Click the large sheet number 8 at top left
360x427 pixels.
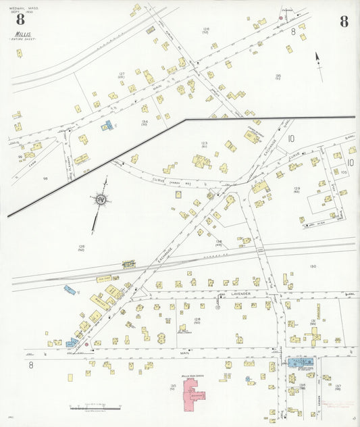pyautogui.click(x=20, y=19)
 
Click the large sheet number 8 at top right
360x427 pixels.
pyautogui.click(x=344, y=21)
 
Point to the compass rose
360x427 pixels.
pyautogui.click(x=100, y=199)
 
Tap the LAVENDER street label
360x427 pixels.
pyautogui.click(x=241, y=295)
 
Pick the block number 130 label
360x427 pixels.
pyautogui.click(x=312, y=266)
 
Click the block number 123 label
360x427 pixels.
pyautogui.click(x=204, y=143)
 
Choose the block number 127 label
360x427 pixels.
pyautogui.click(x=122, y=74)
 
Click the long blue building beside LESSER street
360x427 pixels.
pyautogui.click(x=301, y=362)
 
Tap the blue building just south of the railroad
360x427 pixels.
pyautogui.click(x=70, y=290)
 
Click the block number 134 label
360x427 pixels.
pyautogui.click(x=145, y=122)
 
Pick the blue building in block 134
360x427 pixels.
pyautogui.click(x=107, y=126)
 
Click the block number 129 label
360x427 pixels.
pyautogui.click(x=297, y=189)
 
